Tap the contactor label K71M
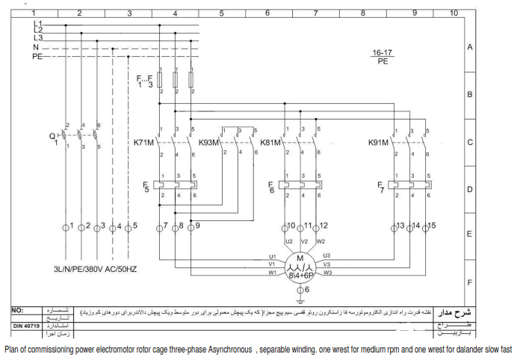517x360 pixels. tap(144, 142)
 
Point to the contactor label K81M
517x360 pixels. tap(270, 142)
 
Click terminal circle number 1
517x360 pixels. tap(66, 226)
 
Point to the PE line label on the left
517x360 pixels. tap(37, 56)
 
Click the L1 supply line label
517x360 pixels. tap(38, 24)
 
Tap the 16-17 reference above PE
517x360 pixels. tap(383, 52)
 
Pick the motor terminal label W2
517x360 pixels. tap(321, 241)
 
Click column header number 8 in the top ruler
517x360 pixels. tap(363, 13)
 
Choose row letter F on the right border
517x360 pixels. tap(470, 283)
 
